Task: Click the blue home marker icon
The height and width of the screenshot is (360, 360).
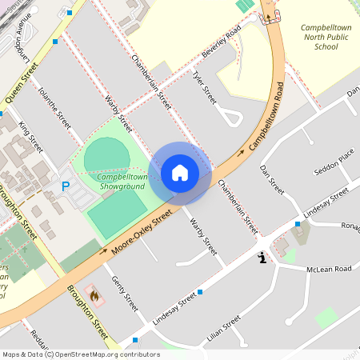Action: [180, 173]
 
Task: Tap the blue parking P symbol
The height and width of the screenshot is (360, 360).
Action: [66, 186]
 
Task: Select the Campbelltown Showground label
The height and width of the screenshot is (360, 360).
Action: [122, 181]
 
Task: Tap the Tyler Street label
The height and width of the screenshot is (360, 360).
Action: [204, 87]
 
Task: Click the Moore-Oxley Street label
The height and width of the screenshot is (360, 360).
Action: [142, 234]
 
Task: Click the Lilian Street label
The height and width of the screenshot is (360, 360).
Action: [223, 329]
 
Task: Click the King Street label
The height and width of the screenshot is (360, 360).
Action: [30, 138]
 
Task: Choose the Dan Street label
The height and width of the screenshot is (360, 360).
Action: [273, 180]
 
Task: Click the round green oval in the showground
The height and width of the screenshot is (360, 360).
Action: [105, 155]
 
